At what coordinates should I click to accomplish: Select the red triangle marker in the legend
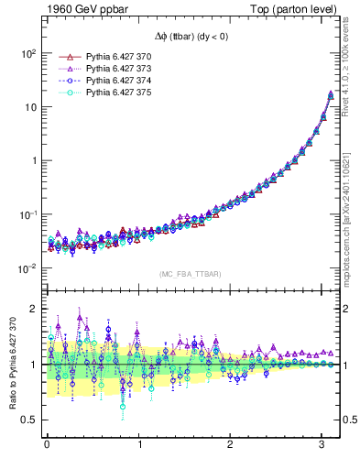pyautogui.click(x=64, y=57)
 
